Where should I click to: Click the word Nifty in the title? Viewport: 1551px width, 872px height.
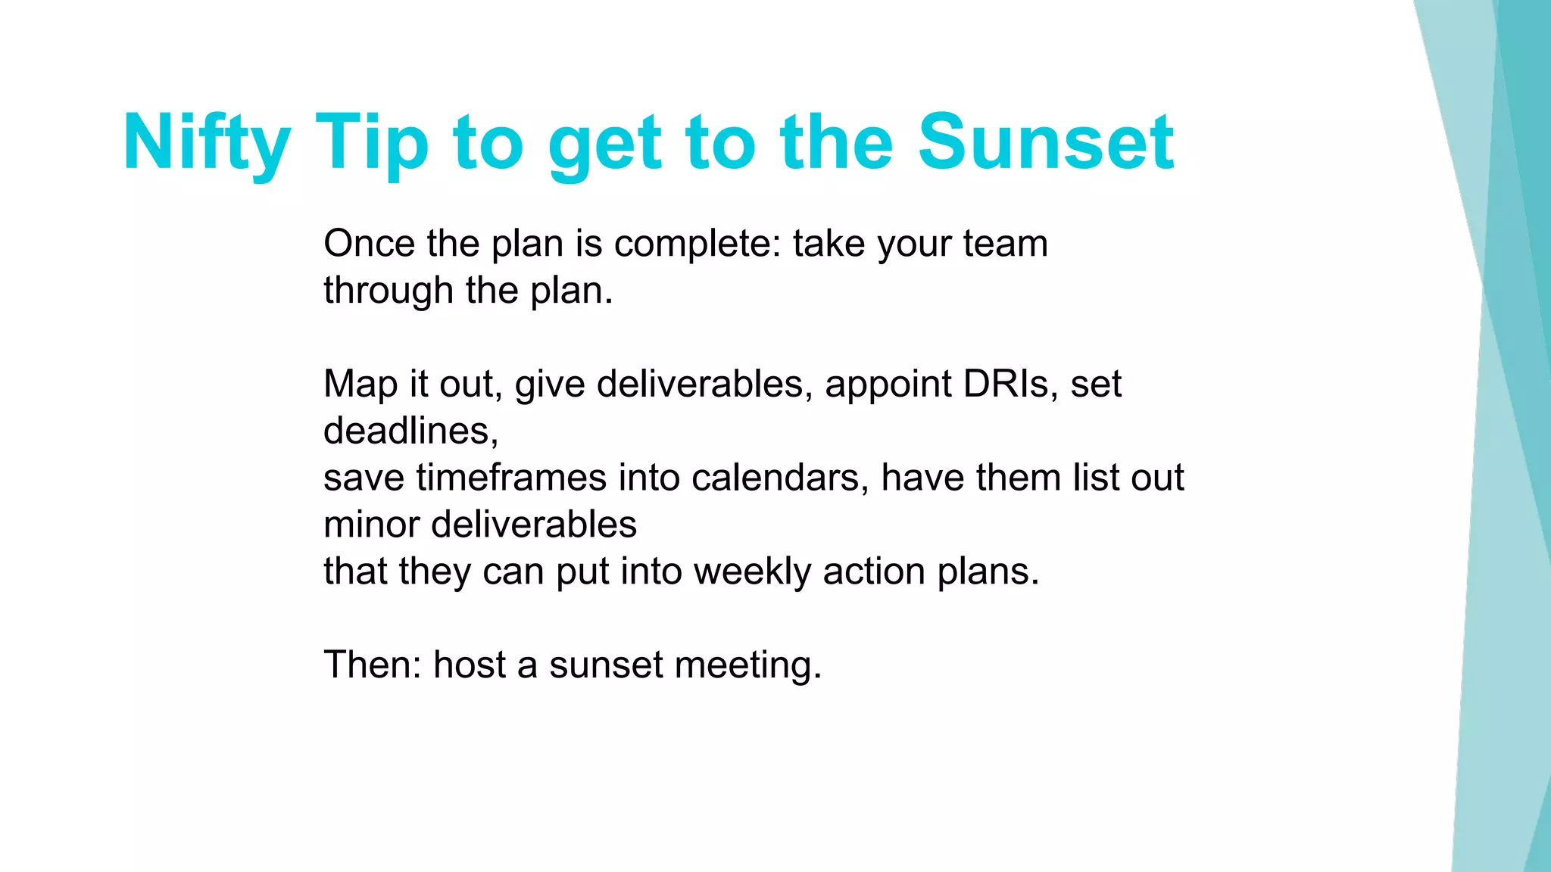(x=206, y=142)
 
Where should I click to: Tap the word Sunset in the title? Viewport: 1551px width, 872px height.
(x=1045, y=142)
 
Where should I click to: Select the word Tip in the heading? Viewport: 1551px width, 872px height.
(x=372, y=142)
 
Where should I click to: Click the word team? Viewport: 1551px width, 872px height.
(x=1005, y=244)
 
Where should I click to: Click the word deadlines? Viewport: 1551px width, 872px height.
(x=410, y=431)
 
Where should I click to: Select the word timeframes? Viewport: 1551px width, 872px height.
(x=511, y=478)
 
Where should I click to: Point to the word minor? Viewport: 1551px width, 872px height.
(x=371, y=525)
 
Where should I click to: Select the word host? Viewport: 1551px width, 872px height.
(x=469, y=665)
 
